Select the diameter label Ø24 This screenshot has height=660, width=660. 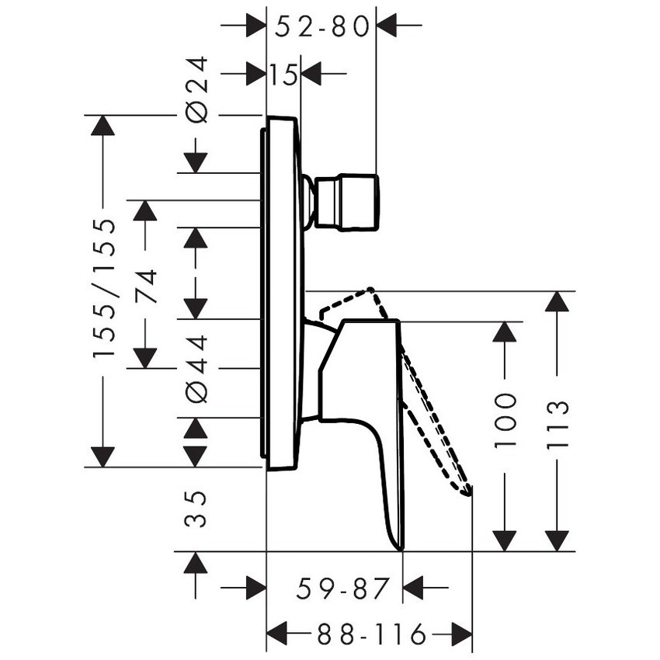click(198, 89)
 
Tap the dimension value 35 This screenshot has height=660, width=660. click(198, 509)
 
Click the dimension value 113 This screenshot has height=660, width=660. click(557, 422)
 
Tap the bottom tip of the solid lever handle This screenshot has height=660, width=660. click(401, 547)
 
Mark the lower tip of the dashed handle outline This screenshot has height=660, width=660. click(468, 491)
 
